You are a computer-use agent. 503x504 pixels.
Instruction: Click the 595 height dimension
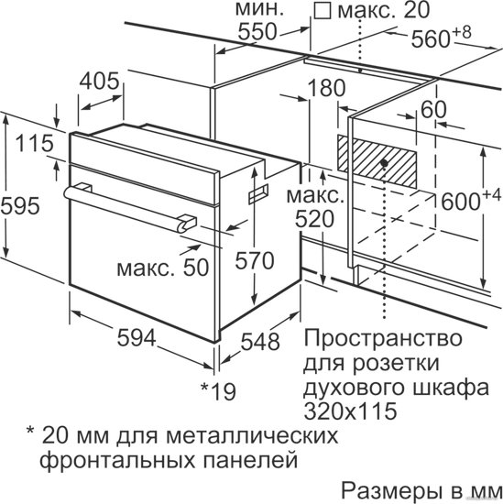pyautogui.click(x=20, y=205)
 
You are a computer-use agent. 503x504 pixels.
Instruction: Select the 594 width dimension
pyautogui.click(x=137, y=338)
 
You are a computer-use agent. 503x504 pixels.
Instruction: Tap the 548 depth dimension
pyautogui.click(x=260, y=342)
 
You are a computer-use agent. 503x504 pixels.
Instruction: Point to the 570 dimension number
pyautogui.click(x=255, y=260)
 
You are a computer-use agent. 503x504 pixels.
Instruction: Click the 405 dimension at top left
pyautogui.click(x=99, y=81)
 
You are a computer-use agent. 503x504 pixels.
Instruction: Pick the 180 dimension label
pyautogui.click(x=326, y=88)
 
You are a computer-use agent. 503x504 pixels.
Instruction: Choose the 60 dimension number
pyautogui.click(x=433, y=109)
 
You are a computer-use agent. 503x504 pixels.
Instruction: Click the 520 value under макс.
pyautogui.click(x=314, y=220)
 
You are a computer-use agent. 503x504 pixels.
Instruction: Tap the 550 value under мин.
pyautogui.click(x=257, y=31)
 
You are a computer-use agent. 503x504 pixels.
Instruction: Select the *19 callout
pyautogui.click(x=218, y=391)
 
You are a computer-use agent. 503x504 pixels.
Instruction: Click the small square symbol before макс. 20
pyautogui.click(x=323, y=12)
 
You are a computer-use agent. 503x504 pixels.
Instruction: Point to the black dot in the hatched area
pyautogui.click(x=384, y=163)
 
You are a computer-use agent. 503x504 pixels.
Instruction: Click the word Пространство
pyautogui.click(x=383, y=338)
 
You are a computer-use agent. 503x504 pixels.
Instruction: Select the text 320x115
pyautogui.click(x=350, y=411)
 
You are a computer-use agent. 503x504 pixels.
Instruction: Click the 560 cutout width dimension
pyautogui.click(x=441, y=37)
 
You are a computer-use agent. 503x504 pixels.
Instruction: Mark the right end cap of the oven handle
pyautogui.click(x=186, y=223)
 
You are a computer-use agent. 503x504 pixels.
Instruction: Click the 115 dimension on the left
pyautogui.click(x=35, y=143)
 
